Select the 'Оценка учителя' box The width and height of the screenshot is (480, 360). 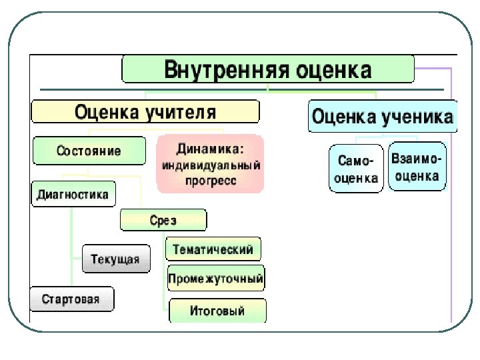click(x=145, y=111)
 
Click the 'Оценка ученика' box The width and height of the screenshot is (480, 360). click(x=383, y=117)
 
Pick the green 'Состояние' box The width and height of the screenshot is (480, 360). click(x=89, y=151)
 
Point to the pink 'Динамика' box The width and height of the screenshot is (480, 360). click(x=210, y=163)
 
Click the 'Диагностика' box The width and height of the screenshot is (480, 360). click(x=73, y=195)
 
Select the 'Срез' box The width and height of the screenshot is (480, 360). click(x=163, y=220)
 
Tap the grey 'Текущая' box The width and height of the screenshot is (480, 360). click(x=115, y=259)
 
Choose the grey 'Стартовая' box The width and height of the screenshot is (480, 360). click(x=71, y=299)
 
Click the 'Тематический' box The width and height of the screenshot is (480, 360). click(x=213, y=249)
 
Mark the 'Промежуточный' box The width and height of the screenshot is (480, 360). click(x=215, y=278)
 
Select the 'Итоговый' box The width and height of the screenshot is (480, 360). click(x=217, y=311)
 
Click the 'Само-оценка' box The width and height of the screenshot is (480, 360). click(x=356, y=169)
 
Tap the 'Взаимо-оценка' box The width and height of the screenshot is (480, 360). click(x=417, y=167)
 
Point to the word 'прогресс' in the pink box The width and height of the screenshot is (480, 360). click(x=210, y=181)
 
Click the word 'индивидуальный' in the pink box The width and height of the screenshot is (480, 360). click(x=210, y=165)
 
